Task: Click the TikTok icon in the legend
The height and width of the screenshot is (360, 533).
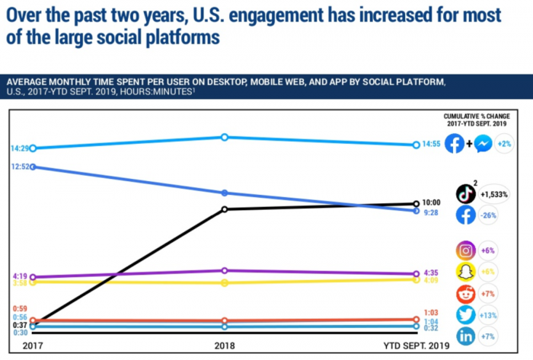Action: tap(466, 193)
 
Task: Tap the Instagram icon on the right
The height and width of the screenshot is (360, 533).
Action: tap(466, 250)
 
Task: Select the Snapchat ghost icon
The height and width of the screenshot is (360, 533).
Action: tap(466, 272)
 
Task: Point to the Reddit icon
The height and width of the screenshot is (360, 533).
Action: tap(466, 294)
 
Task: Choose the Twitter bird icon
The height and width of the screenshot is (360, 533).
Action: tap(466, 316)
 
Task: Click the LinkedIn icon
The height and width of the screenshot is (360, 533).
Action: tap(466, 337)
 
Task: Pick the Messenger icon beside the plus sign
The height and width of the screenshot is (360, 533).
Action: tap(482, 144)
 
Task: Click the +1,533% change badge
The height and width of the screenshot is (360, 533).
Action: tap(494, 194)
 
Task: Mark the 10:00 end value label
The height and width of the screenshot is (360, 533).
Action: tap(432, 202)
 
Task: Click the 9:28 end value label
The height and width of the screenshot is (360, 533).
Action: tap(430, 214)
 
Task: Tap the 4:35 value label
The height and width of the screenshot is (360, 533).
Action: tap(430, 273)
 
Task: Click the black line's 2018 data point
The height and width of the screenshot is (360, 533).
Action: tap(225, 209)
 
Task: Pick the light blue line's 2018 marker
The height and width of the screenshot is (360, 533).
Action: tap(225, 137)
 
